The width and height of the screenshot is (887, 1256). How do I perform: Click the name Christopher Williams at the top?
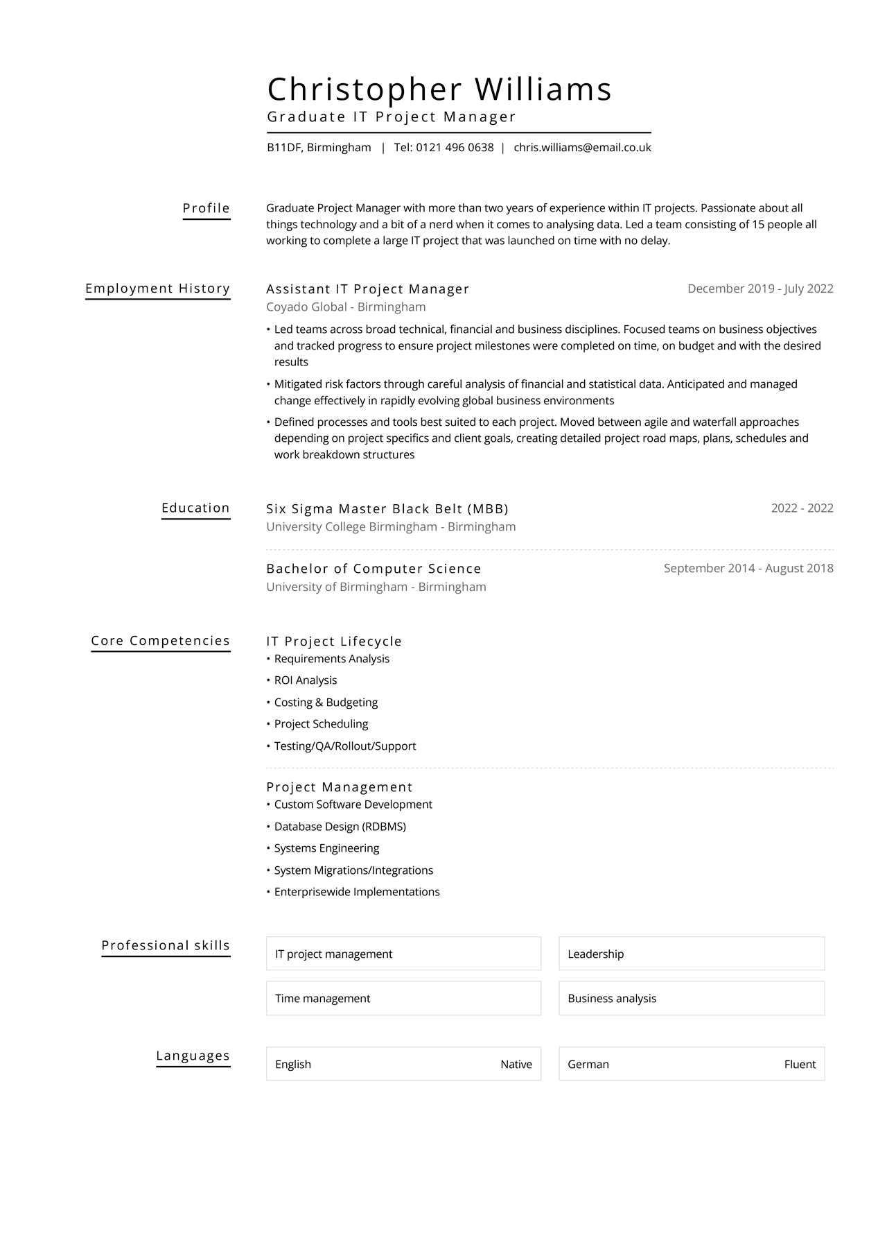pyautogui.click(x=439, y=89)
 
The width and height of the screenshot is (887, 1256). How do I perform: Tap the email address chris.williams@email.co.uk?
pyautogui.click(x=582, y=148)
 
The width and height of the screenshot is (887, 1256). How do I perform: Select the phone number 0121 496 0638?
pyautogui.click(x=455, y=148)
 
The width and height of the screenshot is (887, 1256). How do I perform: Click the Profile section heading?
pyautogui.click(x=206, y=208)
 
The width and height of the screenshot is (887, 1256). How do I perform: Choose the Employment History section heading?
pyautogui.click(x=157, y=289)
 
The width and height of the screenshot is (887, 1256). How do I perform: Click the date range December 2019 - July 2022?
pyautogui.click(x=759, y=289)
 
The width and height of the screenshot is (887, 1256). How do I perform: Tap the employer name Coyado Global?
pyautogui.click(x=306, y=307)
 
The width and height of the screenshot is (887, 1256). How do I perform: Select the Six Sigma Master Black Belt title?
pyautogui.click(x=387, y=509)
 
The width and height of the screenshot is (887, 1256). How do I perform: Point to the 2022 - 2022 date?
pyautogui.click(x=802, y=508)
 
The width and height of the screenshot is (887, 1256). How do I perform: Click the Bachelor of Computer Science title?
pyautogui.click(x=374, y=569)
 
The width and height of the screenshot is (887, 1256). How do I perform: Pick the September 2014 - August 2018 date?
pyautogui.click(x=748, y=569)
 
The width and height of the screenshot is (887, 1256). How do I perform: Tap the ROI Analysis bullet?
pyautogui.click(x=306, y=680)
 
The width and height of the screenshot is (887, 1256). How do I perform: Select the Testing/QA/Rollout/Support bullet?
pyautogui.click(x=345, y=746)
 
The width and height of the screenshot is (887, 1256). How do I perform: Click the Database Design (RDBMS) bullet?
pyautogui.click(x=340, y=827)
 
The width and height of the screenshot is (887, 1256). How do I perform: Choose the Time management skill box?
pyautogui.click(x=403, y=999)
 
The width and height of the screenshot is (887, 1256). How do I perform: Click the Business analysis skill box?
pyautogui.click(x=691, y=999)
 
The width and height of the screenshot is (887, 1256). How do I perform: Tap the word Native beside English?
pyautogui.click(x=516, y=1065)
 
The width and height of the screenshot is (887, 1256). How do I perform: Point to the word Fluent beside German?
pyautogui.click(x=800, y=1065)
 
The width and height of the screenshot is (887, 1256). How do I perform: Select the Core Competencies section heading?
pyautogui.click(x=160, y=641)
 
